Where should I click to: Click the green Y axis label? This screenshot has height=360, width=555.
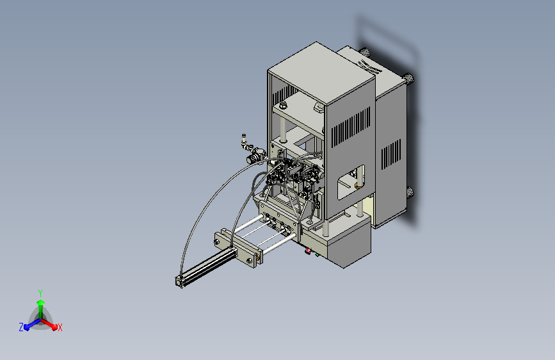coord(40,293)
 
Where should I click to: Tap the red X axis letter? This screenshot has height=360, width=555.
coord(60,328)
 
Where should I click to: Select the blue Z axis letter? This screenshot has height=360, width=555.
coord(21,327)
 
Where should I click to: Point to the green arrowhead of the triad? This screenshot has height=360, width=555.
coord(41,302)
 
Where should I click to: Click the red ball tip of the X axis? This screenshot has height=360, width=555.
coord(54,327)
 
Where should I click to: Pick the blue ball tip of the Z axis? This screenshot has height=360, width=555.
coord(26,327)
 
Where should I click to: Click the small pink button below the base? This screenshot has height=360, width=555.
coord(308,251)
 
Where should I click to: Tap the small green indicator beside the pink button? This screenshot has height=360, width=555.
coord(317,254)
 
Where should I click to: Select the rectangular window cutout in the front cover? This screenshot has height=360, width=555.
coord(351,182)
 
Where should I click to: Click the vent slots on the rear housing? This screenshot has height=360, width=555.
coord(391,154)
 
